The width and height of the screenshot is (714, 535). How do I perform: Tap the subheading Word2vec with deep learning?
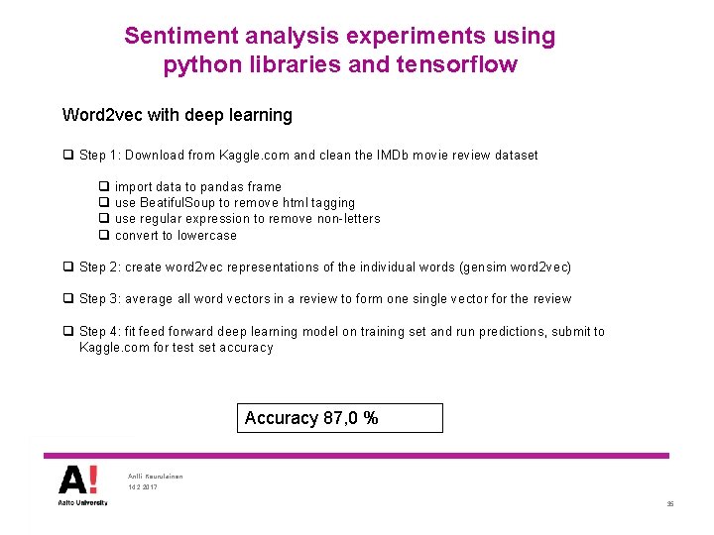(x=177, y=115)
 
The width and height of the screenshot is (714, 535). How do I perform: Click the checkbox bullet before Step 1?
(x=67, y=156)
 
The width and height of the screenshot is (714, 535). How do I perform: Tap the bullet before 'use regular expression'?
(x=103, y=219)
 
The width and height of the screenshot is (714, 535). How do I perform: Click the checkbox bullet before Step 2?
(x=67, y=267)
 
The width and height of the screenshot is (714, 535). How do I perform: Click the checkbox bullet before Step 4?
(x=67, y=332)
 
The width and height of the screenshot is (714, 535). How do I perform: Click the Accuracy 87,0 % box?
(x=340, y=418)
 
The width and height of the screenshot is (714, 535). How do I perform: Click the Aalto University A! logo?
(x=77, y=484)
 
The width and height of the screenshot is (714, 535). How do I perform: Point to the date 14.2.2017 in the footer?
(x=143, y=488)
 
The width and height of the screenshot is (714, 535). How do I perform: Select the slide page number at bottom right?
(x=670, y=505)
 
